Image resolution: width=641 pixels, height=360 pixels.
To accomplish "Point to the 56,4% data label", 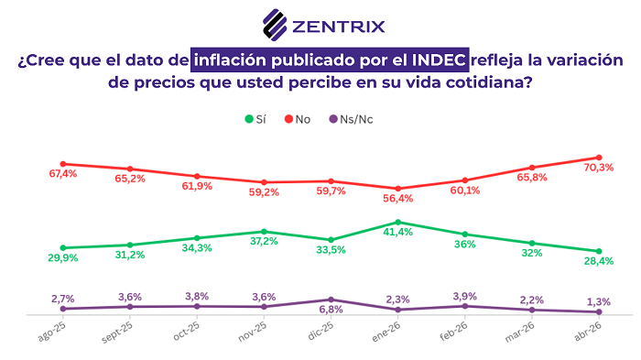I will click(397, 199).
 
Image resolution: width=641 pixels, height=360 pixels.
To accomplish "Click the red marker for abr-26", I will click(599, 158).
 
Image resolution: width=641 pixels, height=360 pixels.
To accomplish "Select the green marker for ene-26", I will click(397, 222).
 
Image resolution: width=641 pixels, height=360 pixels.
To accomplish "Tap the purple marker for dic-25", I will click(331, 300).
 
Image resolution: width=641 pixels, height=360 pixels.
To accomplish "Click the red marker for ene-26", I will click(397, 189).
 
